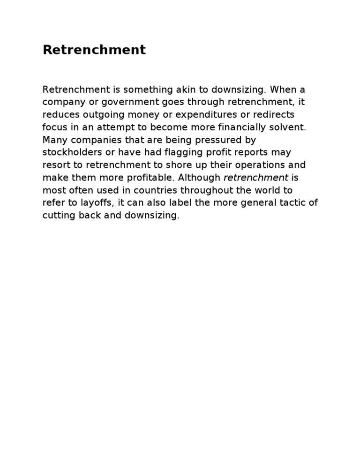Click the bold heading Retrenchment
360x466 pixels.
click(94, 50)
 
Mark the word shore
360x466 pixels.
click(188, 165)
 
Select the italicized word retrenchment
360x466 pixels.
click(256, 178)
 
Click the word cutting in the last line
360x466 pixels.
click(56, 216)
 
